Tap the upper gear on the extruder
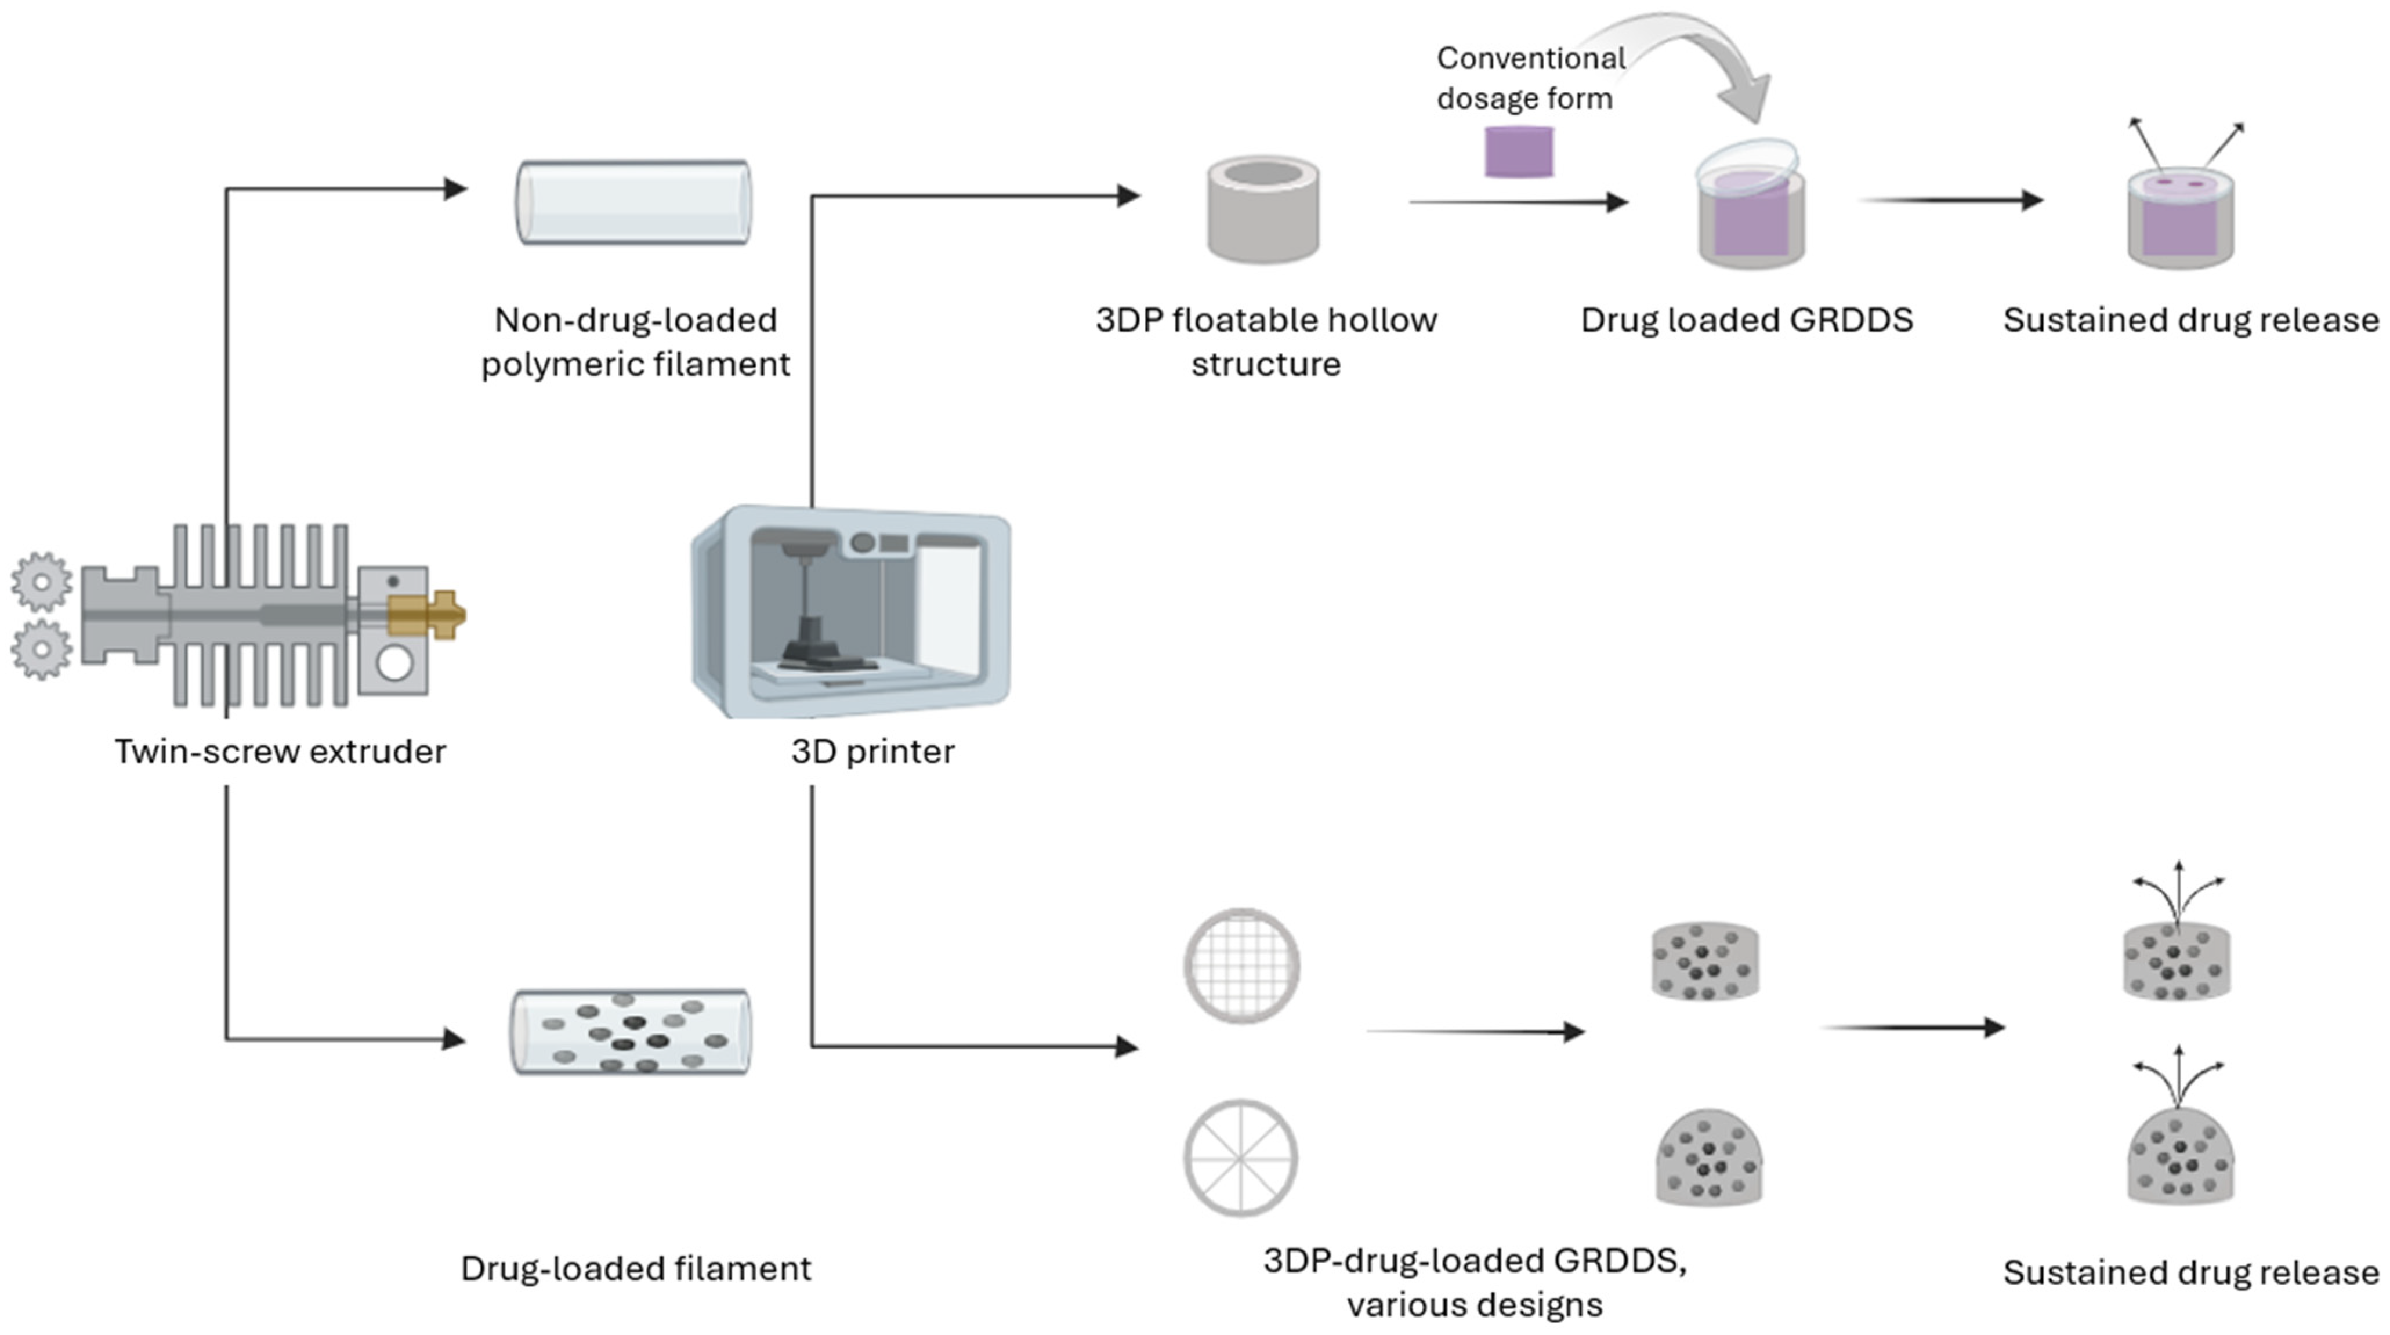pyautogui.click(x=41, y=582)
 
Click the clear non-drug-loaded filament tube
pyautogui.click(x=633, y=202)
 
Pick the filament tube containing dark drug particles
pyautogui.click(x=632, y=1032)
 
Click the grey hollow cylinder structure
pyautogui.click(x=1263, y=210)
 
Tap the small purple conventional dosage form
pyautogui.click(x=1519, y=151)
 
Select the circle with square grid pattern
pyautogui.click(x=1241, y=966)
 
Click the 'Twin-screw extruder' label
pyautogui.click(x=280, y=752)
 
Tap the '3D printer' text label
pyautogui.click(x=872, y=752)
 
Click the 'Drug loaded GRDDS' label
pyautogui.click(x=1746, y=320)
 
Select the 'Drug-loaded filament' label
pyautogui.click(x=636, y=1268)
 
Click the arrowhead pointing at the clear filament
pyautogui.click(x=455, y=189)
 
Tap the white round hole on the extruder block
pyautogui.click(x=394, y=664)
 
